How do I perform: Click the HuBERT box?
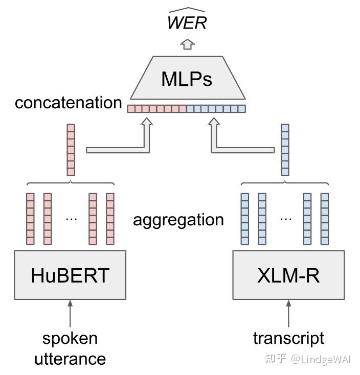70,275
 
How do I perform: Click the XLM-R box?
288,275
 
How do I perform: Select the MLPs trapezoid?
187,79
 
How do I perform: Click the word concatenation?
68,103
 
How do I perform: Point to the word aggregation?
178,220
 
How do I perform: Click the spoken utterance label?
70,348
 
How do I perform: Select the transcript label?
288,338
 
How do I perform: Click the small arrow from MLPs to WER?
187,44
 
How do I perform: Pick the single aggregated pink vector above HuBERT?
71,150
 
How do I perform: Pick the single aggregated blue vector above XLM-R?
285,150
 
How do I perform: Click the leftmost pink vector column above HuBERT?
30,219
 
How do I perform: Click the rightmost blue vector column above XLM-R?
324,219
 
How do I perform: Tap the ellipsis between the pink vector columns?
71,219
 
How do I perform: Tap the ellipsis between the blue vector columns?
285,219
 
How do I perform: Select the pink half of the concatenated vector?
157,108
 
